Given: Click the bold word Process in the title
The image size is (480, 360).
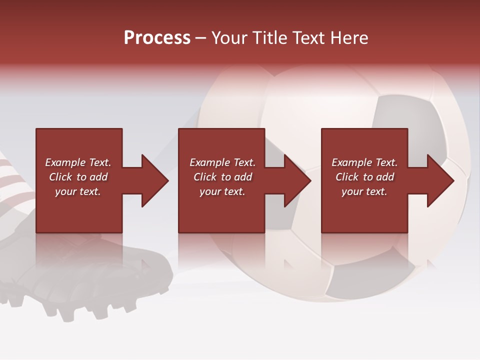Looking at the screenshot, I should point(157,38).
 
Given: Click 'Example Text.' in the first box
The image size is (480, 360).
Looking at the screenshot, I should point(78,162).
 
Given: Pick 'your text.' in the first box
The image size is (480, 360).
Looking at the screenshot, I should point(78,191).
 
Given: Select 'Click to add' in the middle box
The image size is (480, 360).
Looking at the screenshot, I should point(222,177).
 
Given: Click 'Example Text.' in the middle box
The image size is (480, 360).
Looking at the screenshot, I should point(222,162).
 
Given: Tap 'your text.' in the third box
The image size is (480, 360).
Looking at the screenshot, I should point(364,191).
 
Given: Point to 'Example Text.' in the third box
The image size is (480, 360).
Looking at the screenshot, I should point(364,162).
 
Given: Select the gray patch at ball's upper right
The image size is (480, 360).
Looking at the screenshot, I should point(400,120).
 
